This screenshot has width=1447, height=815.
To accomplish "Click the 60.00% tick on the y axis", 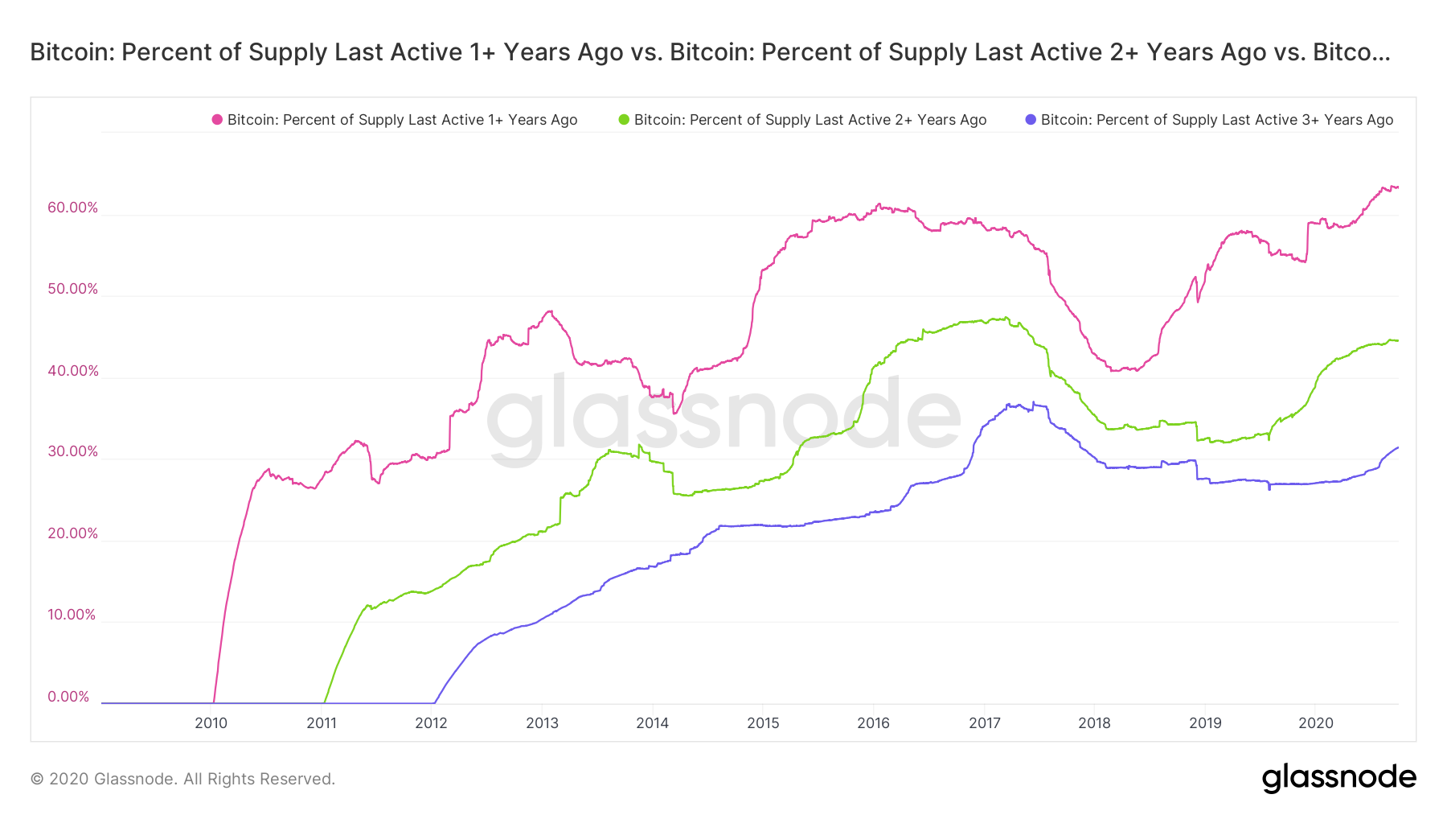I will (x=72, y=208).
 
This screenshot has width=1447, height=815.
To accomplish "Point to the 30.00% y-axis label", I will (x=72, y=451).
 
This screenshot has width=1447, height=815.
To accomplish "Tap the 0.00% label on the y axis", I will (x=68, y=697).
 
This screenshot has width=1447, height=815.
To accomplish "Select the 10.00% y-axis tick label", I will (x=72, y=615).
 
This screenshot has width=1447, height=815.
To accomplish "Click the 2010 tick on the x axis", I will (x=211, y=722).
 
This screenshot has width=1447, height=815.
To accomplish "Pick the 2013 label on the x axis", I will (x=542, y=722).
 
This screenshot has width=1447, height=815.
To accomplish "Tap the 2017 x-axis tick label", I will (x=984, y=722).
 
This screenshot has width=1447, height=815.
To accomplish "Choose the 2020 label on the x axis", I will (x=1315, y=722).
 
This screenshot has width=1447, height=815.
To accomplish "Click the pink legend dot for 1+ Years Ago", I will (x=217, y=120).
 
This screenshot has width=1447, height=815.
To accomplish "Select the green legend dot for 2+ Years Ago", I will (x=624, y=120).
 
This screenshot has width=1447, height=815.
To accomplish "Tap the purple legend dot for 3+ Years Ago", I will (x=1031, y=120).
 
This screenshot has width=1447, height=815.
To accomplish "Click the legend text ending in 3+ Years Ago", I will (x=1216, y=120).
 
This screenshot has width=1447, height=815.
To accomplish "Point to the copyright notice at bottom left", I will (x=182, y=779).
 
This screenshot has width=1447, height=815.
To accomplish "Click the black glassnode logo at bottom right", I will (x=1338, y=778).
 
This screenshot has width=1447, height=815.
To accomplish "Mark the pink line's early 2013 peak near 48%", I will (x=549, y=311).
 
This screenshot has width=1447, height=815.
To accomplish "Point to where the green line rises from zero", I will (x=325, y=702).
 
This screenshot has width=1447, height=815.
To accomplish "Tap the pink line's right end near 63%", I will (x=1397, y=187).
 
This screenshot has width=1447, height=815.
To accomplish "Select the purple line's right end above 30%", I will (x=1397, y=447).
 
